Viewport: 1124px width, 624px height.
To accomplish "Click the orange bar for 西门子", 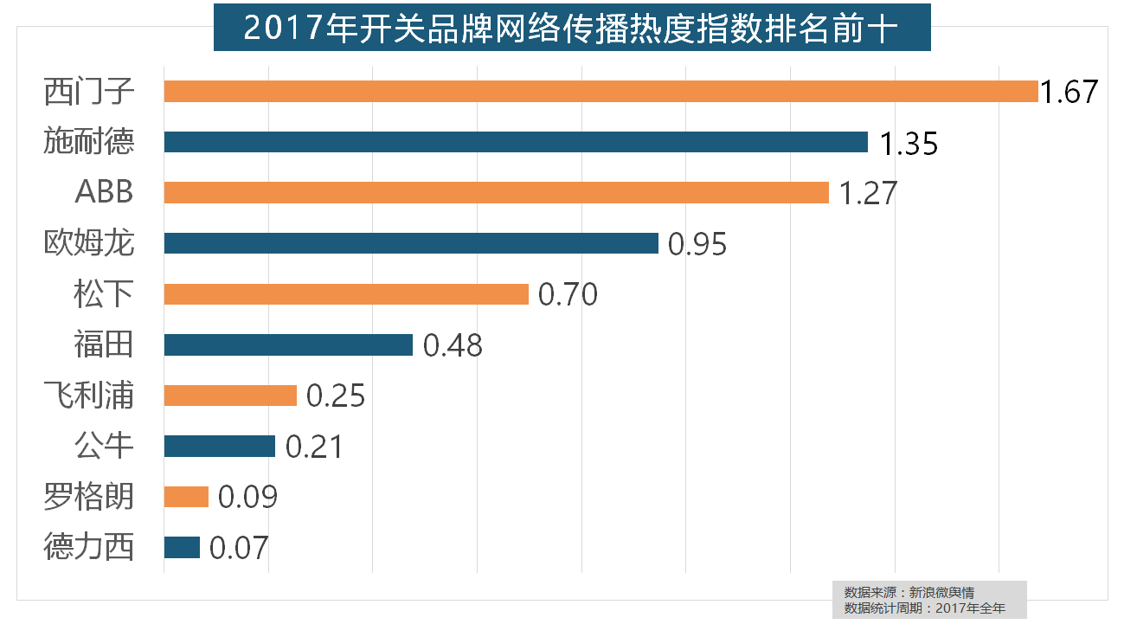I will pos(601,91).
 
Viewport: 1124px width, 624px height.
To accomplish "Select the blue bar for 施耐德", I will pos(516,142).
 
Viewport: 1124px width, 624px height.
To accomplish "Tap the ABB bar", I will pos(496,192).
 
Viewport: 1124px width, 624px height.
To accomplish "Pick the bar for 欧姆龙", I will pos(411,243).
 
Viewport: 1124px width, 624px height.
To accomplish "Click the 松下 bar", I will pos(346,294).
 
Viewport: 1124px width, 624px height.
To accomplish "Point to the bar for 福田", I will pos(288,345).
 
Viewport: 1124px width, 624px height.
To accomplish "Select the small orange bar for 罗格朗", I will pos(186,497).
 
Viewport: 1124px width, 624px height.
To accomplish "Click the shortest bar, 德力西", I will pos(182,548).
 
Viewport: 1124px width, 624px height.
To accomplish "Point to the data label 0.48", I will pos(453,346).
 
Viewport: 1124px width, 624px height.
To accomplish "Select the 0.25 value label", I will pos(336,396).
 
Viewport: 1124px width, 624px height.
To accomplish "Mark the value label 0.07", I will pos(239,549).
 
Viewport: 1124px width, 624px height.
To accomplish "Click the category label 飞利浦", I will pos(89,396).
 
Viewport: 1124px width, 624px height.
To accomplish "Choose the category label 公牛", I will pos(104,447).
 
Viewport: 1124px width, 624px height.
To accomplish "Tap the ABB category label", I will pos(104,192).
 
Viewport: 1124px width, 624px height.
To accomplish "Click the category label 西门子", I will pos(89,91).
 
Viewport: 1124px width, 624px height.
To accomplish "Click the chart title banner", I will pos(572,27).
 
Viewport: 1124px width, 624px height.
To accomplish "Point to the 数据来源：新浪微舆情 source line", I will pos(909,593).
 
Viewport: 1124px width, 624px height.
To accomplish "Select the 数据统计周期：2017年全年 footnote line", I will pos(924,608).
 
